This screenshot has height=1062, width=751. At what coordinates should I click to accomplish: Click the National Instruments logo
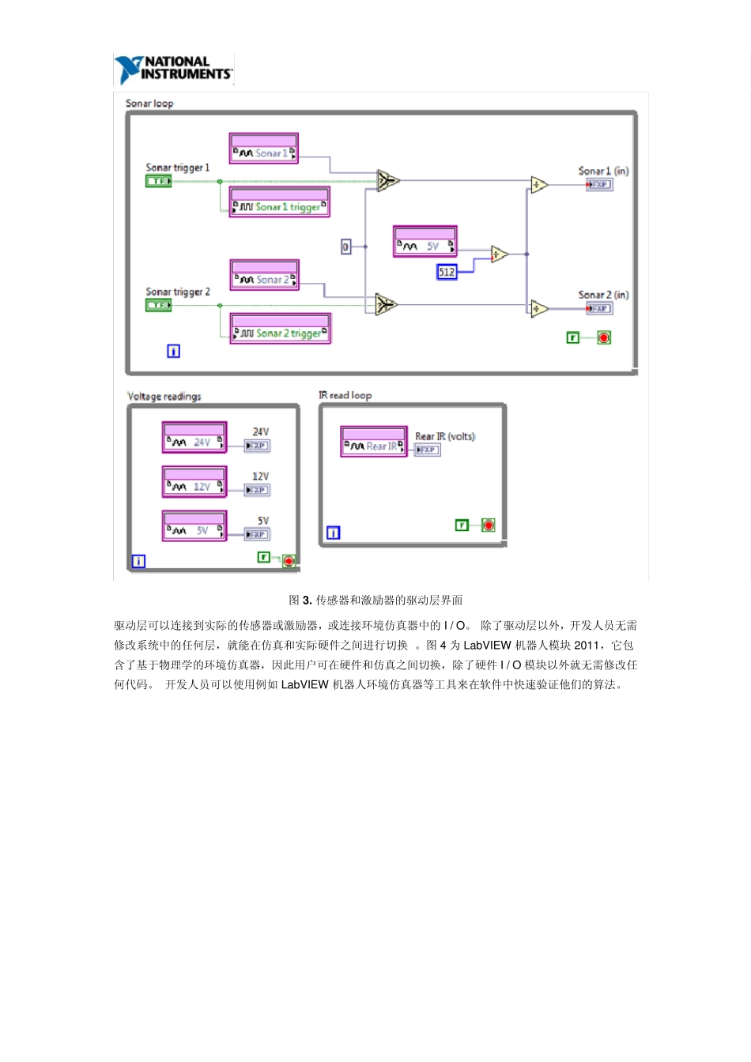click(174, 69)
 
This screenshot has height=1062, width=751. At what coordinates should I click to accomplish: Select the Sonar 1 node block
click(264, 149)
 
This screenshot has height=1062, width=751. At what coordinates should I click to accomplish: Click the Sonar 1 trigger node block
click(279, 202)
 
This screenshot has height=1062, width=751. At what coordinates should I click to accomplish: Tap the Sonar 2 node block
click(265, 275)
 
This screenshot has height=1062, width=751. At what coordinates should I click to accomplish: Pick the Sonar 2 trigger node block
click(280, 329)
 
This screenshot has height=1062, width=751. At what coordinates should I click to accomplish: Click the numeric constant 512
click(447, 272)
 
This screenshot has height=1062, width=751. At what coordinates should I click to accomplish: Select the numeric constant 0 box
click(345, 247)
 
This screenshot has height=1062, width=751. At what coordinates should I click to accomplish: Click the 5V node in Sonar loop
click(425, 242)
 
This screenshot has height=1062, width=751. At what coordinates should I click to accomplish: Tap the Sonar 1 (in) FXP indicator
click(599, 185)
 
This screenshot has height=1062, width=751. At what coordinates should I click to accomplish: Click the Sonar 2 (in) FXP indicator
click(599, 308)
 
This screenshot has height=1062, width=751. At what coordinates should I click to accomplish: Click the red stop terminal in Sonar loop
click(604, 338)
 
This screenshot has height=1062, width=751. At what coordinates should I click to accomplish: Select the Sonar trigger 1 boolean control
click(158, 182)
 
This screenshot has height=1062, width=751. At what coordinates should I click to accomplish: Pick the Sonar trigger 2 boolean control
click(158, 305)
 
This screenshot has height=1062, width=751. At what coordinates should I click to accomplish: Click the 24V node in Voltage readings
click(194, 438)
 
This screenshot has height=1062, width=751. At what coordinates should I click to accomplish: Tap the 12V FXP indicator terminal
click(257, 490)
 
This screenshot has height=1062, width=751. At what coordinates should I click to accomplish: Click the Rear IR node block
click(374, 442)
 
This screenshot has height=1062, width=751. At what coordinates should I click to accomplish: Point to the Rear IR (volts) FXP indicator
click(428, 450)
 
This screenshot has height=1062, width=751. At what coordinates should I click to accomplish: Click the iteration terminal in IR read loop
click(334, 533)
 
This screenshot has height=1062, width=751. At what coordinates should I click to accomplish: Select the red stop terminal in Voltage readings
click(289, 561)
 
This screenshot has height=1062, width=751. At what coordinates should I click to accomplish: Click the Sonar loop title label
click(149, 104)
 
